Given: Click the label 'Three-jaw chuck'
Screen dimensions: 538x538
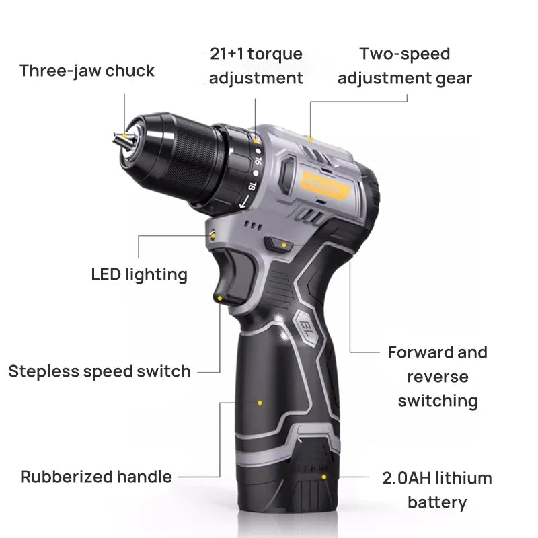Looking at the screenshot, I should tap(87, 71).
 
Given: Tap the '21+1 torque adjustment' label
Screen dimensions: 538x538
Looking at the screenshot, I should tap(256, 66).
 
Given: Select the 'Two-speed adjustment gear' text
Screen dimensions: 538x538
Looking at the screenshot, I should tap(404, 66).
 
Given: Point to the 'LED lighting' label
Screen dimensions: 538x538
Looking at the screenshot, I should tap(139, 274).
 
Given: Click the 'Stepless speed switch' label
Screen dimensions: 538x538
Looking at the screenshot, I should tap(100, 371).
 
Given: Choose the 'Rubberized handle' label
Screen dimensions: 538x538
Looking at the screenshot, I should tap(96, 477).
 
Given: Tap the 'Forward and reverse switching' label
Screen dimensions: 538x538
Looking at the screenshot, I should tap(438, 377).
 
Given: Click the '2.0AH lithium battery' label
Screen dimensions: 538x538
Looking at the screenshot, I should tap(437, 490).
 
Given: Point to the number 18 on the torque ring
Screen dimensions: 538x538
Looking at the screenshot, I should tap(252, 187).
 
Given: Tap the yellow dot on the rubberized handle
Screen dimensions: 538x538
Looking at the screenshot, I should tap(260, 403).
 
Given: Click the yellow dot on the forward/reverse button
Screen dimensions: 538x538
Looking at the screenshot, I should tap(284, 245).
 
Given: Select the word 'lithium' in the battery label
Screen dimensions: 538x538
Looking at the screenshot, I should tap(463, 478).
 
